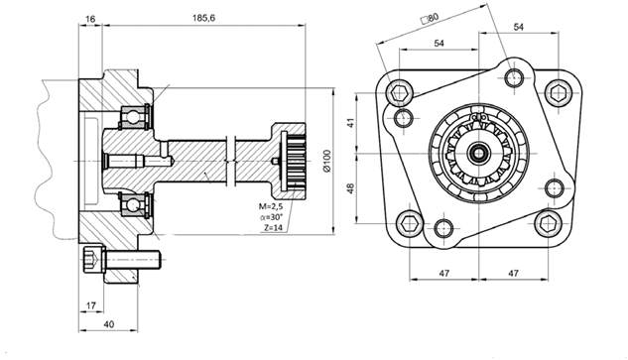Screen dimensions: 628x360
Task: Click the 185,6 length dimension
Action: pos(203,18)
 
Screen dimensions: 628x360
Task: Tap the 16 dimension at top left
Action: pos(90,19)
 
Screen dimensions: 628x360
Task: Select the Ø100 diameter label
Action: pos(326,161)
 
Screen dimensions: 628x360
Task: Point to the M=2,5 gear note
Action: pos(271,206)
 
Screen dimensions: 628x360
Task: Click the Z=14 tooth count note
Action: pos(273,228)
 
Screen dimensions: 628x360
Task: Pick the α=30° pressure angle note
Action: pos(271,217)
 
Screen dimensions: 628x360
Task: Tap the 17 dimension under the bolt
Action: pos(91,305)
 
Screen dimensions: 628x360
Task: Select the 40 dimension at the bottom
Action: pos(108,324)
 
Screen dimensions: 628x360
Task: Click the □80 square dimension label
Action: pos(430,18)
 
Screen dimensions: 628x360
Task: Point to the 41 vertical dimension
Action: pos(351,123)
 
